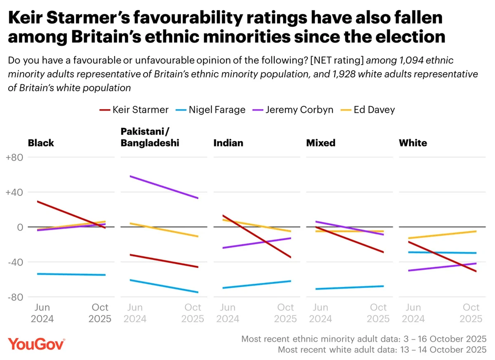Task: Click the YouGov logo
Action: click(x=36, y=344)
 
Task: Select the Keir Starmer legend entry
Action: click(x=134, y=110)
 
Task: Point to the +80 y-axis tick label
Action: click(x=15, y=158)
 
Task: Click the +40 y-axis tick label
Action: click(x=15, y=192)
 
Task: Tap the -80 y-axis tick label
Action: click(x=16, y=297)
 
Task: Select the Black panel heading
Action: click(x=41, y=143)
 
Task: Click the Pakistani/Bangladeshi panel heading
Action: click(x=150, y=137)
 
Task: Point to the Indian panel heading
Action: click(x=228, y=143)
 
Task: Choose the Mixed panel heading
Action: click(x=321, y=143)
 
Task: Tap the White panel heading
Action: click(x=413, y=143)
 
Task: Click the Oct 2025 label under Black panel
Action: click(x=100, y=313)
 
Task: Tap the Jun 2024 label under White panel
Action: click(x=413, y=313)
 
